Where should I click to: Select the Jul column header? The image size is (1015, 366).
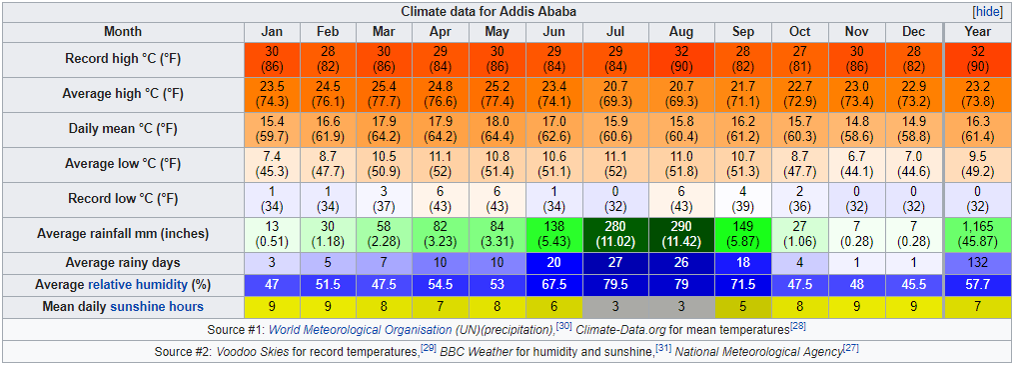pos(615,32)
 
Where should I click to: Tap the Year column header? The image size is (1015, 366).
pos(977,32)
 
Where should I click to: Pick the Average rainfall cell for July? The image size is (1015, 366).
pos(615,234)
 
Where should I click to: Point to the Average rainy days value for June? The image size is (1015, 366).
pos(554,263)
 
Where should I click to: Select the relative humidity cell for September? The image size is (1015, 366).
pos(742,284)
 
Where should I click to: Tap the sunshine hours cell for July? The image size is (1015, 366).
pos(615,306)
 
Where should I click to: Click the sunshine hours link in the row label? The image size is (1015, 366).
pos(157,306)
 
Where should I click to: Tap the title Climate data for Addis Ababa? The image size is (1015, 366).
pos(489,12)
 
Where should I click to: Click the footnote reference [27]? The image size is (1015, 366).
pos(851,349)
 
